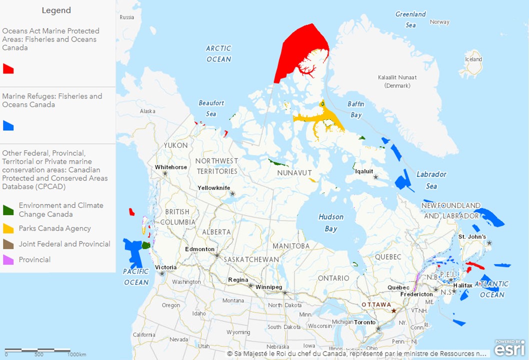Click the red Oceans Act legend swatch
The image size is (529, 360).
(8, 68)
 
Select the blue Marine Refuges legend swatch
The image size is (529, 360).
(8, 125)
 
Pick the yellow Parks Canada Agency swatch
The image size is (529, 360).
(8, 228)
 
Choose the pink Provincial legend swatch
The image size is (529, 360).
(8, 260)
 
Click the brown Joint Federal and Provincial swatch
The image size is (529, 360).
(8, 244)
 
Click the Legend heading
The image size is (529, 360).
(56, 10)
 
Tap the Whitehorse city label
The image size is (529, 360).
(171, 167)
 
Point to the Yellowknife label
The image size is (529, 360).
(213, 187)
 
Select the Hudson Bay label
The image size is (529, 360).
(331, 223)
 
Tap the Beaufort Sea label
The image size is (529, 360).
(211, 108)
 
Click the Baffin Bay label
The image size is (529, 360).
(355, 109)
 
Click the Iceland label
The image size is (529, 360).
(473, 59)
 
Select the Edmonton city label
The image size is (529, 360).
(199, 249)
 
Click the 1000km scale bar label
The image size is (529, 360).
(77, 354)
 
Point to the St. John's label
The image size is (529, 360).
(472, 236)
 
